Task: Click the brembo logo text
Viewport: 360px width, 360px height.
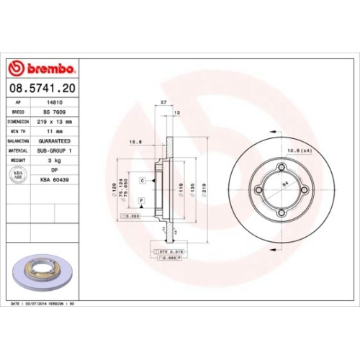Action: (x=48, y=68)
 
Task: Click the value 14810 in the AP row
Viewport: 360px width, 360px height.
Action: (x=53, y=104)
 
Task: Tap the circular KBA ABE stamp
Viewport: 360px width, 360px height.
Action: (x=20, y=174)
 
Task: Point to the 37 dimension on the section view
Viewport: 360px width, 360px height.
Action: (x=163, y=103)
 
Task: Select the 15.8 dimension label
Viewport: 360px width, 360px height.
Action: (x=135, y=142)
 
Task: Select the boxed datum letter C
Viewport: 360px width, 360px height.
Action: (x=143, y=180)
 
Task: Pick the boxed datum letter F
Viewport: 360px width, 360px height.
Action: (x=141, y=199)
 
